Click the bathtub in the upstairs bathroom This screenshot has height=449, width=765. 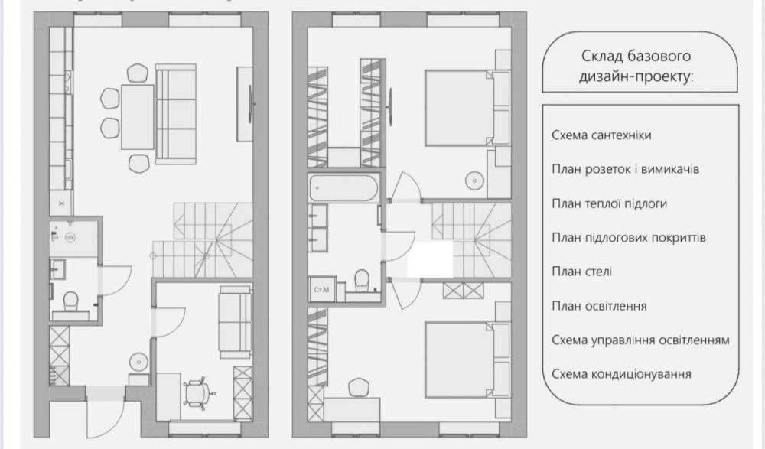coord(343,188)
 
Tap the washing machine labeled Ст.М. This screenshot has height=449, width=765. coord(322,289)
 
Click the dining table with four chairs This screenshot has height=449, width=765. coord(138,117)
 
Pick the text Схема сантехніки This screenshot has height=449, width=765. coord(601,135)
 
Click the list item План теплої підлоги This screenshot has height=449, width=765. coord(610,203)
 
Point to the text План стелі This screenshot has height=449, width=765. coord(581,272)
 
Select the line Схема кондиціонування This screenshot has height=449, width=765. coord(621,374)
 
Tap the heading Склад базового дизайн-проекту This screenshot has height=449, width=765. coord(636,66)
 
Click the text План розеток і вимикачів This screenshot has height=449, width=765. coord(626,169)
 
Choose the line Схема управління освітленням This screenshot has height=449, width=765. coord(640,340)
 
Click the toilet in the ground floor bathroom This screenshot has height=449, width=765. coord(70,300)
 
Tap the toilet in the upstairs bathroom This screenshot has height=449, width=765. coord(362,281)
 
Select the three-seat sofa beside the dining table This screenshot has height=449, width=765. coord(176,114)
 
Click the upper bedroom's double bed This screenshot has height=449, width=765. coord(467,108)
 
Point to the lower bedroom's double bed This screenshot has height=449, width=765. coord(467,360)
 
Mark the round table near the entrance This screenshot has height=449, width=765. coord(139,362)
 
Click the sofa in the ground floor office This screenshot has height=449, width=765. coord(235,321)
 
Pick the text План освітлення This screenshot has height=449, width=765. coord(599,306)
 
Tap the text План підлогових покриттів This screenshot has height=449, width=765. coord(629,238)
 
